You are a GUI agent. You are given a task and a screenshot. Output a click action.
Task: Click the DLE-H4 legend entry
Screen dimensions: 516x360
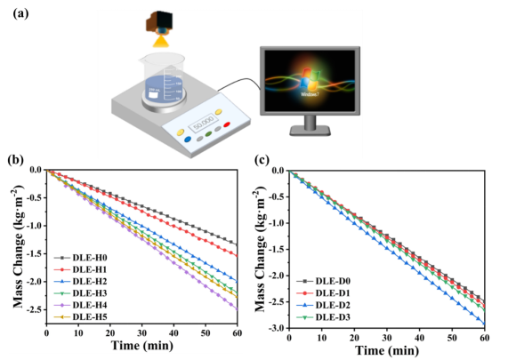[81, 305]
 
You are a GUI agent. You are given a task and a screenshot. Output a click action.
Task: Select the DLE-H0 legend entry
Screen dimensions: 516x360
[81, 258]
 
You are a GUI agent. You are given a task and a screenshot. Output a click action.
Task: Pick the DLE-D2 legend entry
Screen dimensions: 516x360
[324, 305]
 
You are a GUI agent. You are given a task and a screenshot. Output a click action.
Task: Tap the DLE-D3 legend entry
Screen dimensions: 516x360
[324, 317]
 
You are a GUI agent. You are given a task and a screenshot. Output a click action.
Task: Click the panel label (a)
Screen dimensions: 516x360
[20, 13]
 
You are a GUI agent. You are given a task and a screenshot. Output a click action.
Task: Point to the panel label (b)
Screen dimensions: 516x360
[16, 160]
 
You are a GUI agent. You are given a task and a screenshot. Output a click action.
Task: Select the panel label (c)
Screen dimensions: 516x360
[262, 160]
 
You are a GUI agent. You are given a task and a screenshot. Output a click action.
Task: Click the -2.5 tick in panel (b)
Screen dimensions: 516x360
[36, 309]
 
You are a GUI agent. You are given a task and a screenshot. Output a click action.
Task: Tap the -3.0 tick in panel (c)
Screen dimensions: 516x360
[278, 328]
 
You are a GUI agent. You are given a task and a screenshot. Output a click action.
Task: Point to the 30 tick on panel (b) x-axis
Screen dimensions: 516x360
[141, 333]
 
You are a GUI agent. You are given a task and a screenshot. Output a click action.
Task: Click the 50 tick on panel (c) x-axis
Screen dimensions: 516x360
[452, 339]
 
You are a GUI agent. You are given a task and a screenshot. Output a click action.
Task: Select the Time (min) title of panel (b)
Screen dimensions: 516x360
[141, 345]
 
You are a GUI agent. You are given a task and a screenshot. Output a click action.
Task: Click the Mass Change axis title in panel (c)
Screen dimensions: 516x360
[260, 249]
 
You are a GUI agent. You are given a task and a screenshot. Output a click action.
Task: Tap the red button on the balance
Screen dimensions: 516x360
[227, 124]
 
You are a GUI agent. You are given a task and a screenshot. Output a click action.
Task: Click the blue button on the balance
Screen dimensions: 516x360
[188, 139]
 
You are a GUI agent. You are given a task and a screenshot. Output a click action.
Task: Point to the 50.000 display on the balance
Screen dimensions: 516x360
[204, 124]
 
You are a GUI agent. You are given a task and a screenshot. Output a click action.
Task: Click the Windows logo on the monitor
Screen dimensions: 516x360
[310, 79]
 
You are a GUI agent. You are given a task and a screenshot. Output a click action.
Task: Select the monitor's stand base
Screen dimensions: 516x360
[310, 131]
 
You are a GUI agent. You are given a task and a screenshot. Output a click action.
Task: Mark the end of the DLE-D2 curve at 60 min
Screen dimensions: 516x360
[484, 324]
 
